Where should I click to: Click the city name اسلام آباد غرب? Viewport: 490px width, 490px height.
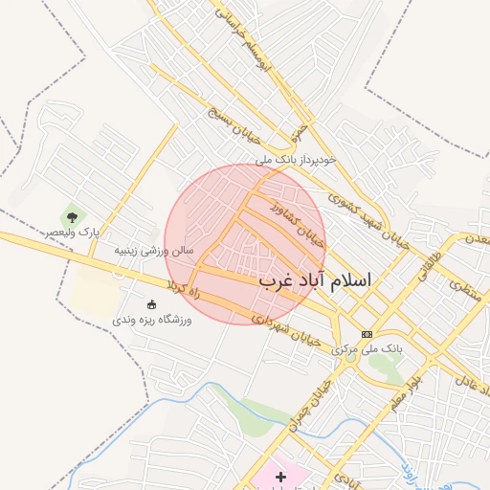[x=315, y=281]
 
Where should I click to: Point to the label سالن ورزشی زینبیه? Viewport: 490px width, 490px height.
[x=154, y=250]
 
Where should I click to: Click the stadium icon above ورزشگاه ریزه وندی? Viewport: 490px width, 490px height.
[x=151, y=304]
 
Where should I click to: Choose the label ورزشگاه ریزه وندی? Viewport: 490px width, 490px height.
[x=152, y=320]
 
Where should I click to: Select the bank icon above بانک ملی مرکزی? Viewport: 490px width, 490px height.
[x=367, y=334]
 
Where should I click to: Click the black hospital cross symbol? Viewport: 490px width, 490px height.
[x=280, y=476]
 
